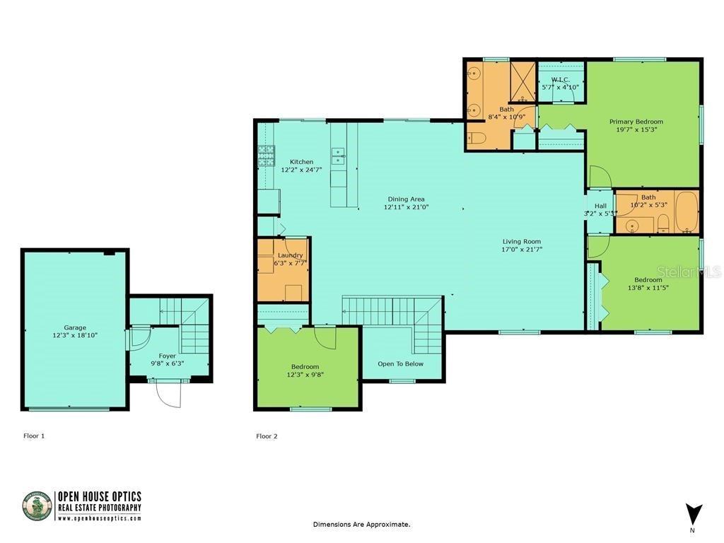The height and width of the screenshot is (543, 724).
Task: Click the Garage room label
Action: tap(75, 327)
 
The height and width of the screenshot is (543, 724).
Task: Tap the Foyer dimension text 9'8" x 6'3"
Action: tap(168, 363)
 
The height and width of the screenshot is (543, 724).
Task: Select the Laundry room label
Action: tap(290, 255)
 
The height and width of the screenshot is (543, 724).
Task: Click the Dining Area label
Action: tap(407, 199)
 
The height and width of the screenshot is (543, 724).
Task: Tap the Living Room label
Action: tap(522, 241)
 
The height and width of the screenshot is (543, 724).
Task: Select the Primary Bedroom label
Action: tap(636, 122)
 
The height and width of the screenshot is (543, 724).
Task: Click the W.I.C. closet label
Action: tap(561, 79)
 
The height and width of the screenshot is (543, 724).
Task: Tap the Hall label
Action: tap(600, 206)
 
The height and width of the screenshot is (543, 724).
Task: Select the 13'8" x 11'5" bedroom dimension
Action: tap(648, 288)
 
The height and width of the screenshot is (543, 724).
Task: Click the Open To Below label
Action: tap(400, 364)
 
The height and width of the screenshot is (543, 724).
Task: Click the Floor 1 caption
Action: tap(34, 436)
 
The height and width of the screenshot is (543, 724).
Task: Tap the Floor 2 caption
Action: tap(267, 436)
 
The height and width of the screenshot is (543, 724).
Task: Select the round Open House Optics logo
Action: tap(37, 506)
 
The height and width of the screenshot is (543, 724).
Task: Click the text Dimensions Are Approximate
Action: tap(361, 525)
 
